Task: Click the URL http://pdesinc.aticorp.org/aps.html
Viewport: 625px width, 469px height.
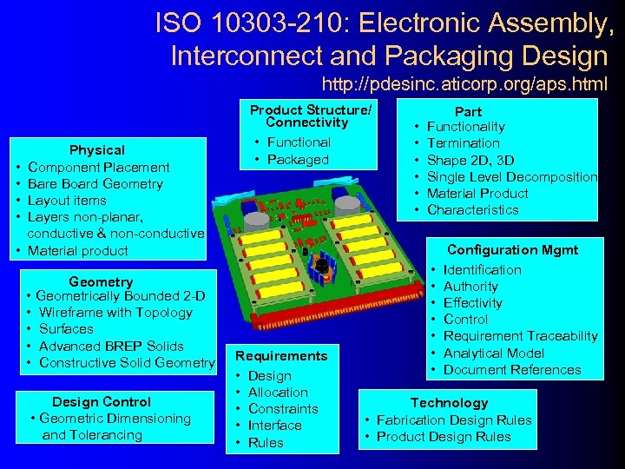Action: (464, 85)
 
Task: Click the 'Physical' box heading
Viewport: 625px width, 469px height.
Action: (97, 150)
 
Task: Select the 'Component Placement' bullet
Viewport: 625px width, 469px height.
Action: (98, 167)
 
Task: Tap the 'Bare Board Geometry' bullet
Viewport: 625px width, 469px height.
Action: (95, 183)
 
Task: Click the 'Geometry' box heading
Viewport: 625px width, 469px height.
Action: (101, 281)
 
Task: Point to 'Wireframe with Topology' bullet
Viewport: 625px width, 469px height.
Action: (115, 313)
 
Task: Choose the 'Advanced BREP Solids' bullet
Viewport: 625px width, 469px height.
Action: (111, 346)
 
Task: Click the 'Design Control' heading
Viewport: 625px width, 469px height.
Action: (102, 401)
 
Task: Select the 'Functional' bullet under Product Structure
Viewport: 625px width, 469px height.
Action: (298, 142)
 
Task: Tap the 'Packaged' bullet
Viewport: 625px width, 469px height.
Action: (298, 160)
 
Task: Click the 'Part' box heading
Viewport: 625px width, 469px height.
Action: (468, 111)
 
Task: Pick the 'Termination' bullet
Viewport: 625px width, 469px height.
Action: (463, 143)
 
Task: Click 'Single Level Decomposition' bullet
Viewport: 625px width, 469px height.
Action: (511, 176)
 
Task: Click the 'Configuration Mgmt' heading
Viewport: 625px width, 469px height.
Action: (512, 249)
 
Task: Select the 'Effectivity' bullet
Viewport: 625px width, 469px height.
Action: (472, 303)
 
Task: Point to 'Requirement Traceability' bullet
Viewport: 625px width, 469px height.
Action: (520, 336)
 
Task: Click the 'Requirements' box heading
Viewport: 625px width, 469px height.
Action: (281, 356)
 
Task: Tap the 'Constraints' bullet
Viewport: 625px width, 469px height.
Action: (283, 409)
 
